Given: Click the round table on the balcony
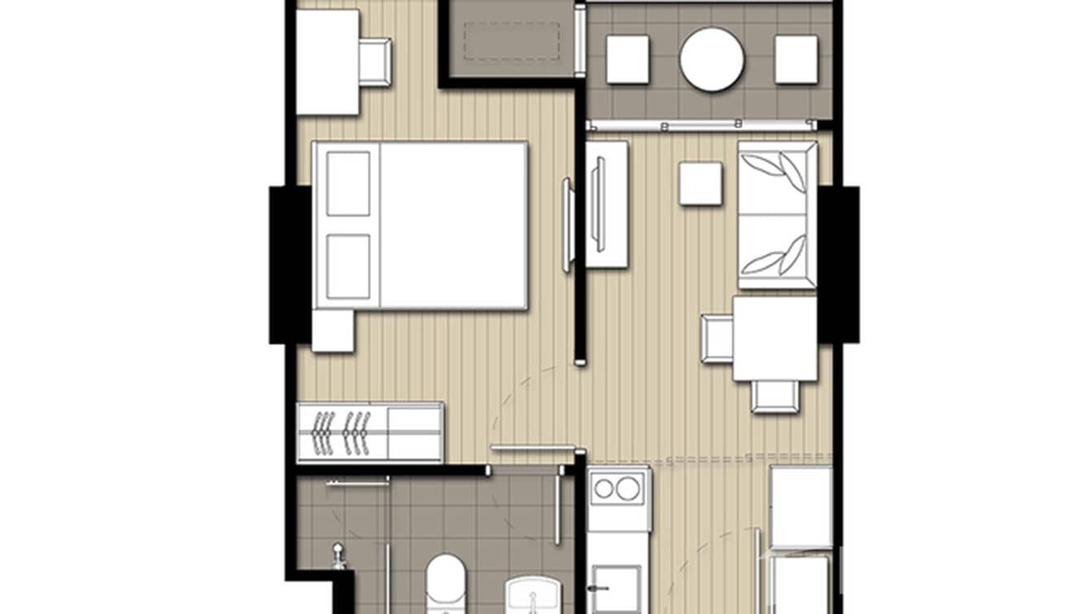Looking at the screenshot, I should coord(712,59).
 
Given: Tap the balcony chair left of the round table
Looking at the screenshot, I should coord(627,59).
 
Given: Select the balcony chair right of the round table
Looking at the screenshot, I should coord(796,59).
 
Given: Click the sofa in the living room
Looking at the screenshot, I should coord(776,215).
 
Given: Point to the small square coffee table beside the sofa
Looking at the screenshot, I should coord(701,183).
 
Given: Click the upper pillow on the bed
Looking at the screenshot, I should coord(348,184).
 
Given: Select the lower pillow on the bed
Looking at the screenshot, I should coord(348,265).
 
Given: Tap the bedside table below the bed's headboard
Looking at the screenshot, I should coord(332,330).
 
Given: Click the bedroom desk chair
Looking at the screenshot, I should coord(374,61).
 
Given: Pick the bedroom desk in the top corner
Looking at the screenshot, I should coord(327,62).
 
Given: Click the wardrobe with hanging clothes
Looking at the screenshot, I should coord(369,432).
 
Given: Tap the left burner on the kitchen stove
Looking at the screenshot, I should coord(604,489).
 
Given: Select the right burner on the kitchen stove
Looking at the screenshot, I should coord(628,489).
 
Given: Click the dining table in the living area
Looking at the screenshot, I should coord(775,338).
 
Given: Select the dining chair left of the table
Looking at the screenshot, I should coord(717,338).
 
